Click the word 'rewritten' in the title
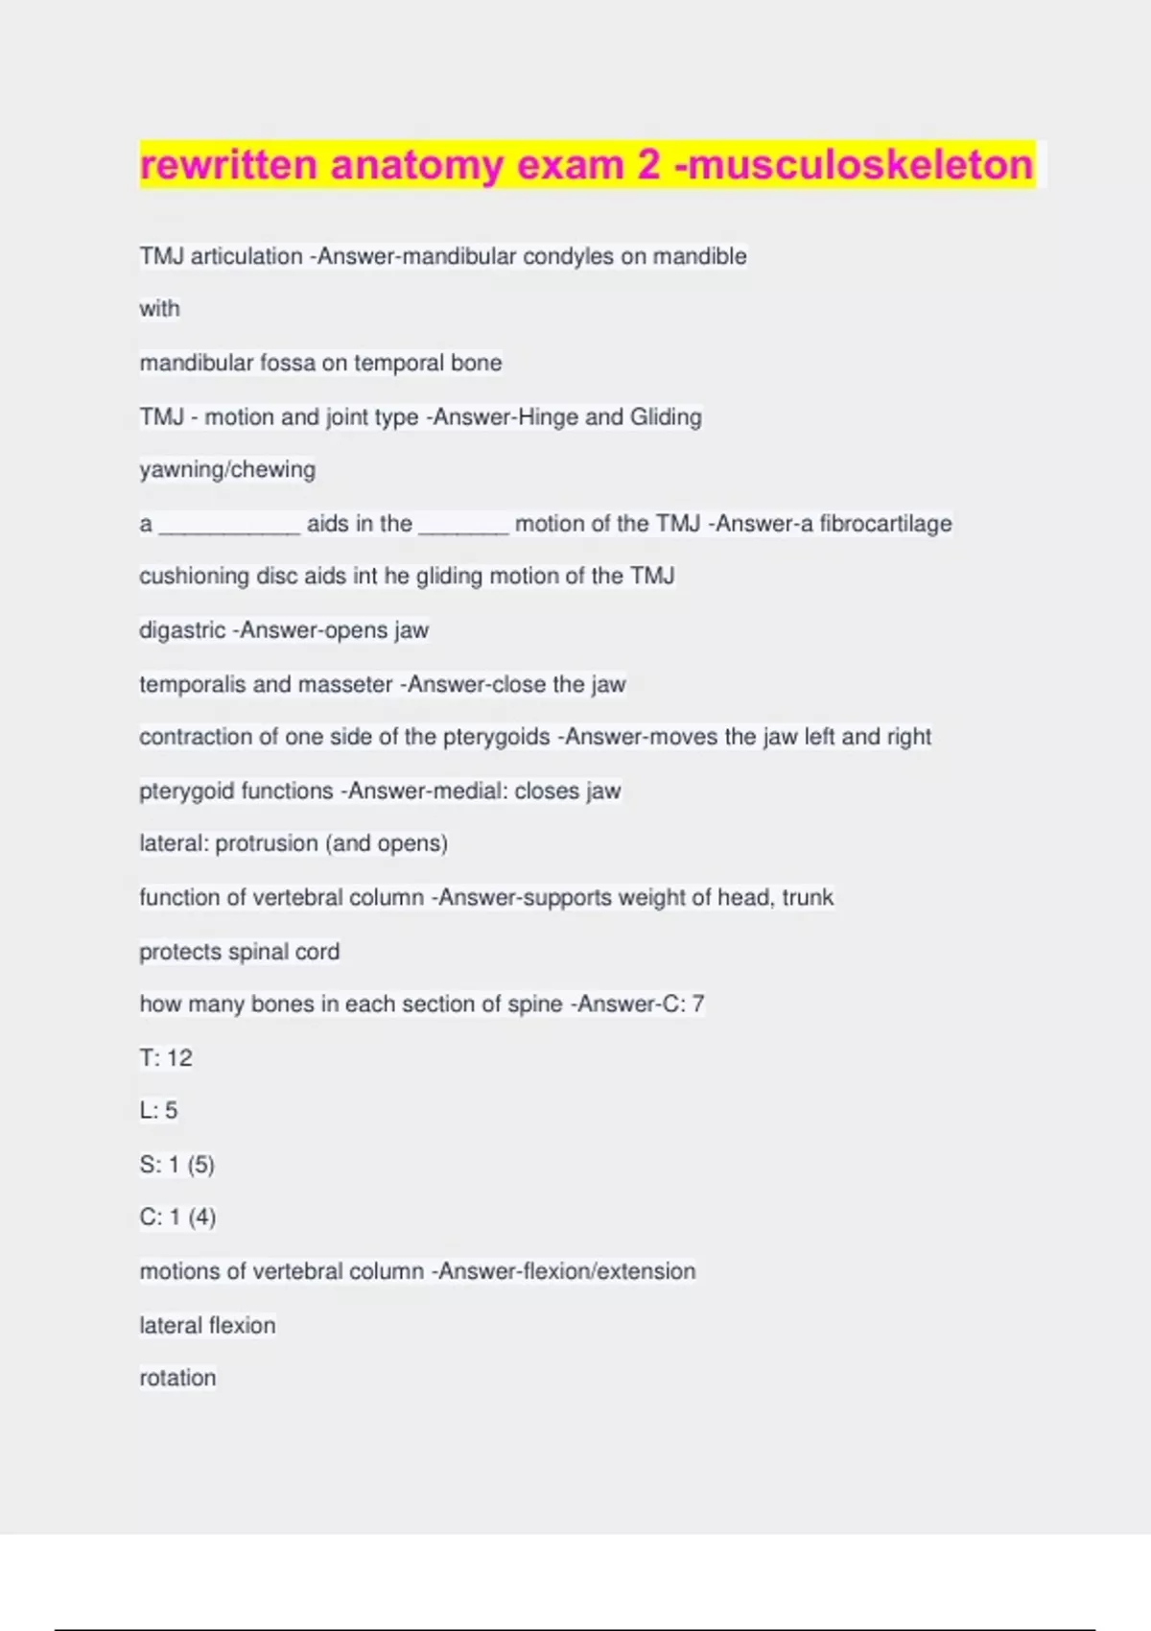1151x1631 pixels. click(x=228, y=164)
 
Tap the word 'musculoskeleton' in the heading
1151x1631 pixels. click(x=860, y=164)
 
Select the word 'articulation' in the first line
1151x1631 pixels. click(x=247, y=256)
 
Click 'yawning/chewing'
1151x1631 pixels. click(x=227, y=469)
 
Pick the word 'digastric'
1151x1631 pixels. click(x=182, y=630)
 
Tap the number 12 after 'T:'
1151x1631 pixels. click(x=179, y=1058)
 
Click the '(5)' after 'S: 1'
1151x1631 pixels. click(x=200, y=1165)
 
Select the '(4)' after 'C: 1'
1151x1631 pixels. click(x=201, y=1217)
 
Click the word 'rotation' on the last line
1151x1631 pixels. click(x=177, y=1378)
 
